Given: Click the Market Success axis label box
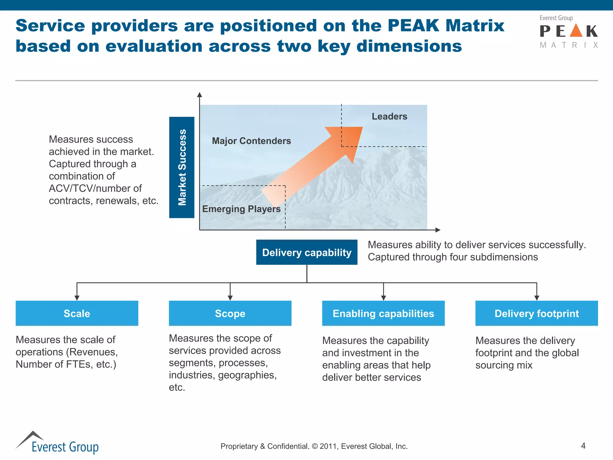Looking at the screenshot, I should pyautogui.click(x=182, y=167).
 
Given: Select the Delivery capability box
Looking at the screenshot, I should pyautogui.click(x=306, y=252).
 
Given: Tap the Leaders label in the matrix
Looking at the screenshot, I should pyautogui.click(x=389, y=116).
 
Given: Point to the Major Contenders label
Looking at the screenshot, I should pyautogui.click(x=251, y=141).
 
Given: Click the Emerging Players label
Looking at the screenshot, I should pyautogui.click(x=241, y=209).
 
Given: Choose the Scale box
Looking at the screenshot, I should pyautogui.click(x=77, y=313).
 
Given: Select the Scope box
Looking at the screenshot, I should pyautogui.click(x=230, y=313).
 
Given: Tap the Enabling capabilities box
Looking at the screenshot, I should pyautogui.click(x=383, y=313).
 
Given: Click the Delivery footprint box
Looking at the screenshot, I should pyautogui.click(x=536, y=313).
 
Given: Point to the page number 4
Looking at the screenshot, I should pyautogui.click(x=583, y=446).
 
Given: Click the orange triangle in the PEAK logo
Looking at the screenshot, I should pyautogui.click(x=576, y=31).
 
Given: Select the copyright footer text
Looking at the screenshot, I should pyautogui.click(x=314, y=446).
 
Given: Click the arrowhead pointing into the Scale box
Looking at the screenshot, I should pyautogui.click(x=77, y=298).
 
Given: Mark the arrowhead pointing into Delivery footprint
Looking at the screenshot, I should pyautogui.click(x=537, y=298).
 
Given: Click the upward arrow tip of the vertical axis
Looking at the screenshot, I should pyautogui.click(x=200, y=95).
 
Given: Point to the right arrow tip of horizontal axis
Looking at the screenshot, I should pyautogui.click(x=438, y=230).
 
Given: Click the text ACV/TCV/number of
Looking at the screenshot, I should pyautogui.click(x=95, y=188).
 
